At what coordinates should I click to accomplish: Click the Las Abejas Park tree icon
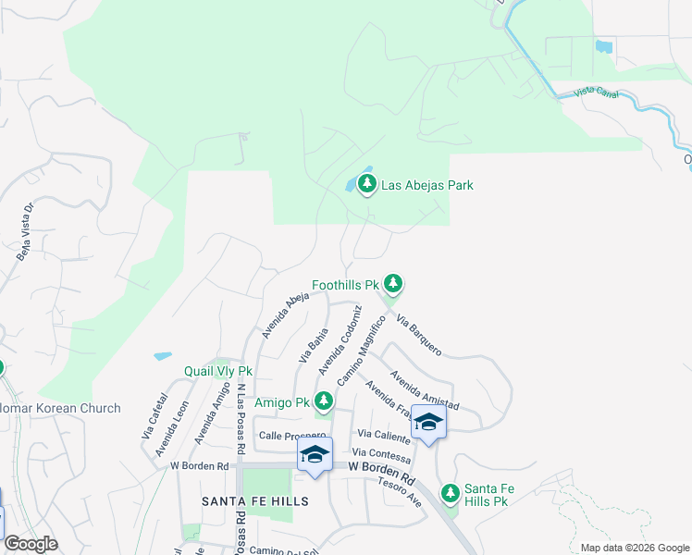coord(367,185)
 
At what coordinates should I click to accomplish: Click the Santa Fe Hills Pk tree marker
coord(451,493)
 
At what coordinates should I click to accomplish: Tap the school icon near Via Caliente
coord(428,422)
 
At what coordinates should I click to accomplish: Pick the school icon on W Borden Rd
coord(315,454)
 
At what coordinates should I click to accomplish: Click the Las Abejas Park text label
coord(427,185)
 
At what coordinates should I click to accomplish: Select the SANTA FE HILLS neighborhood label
coord(255,500)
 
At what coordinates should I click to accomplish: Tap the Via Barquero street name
coord(419,335)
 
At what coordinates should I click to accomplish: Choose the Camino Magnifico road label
coord(360,351)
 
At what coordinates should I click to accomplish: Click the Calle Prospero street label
coord(292,436)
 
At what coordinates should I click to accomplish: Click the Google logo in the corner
coord(31,544)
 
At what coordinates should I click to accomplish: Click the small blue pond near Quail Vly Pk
coord(163,355)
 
